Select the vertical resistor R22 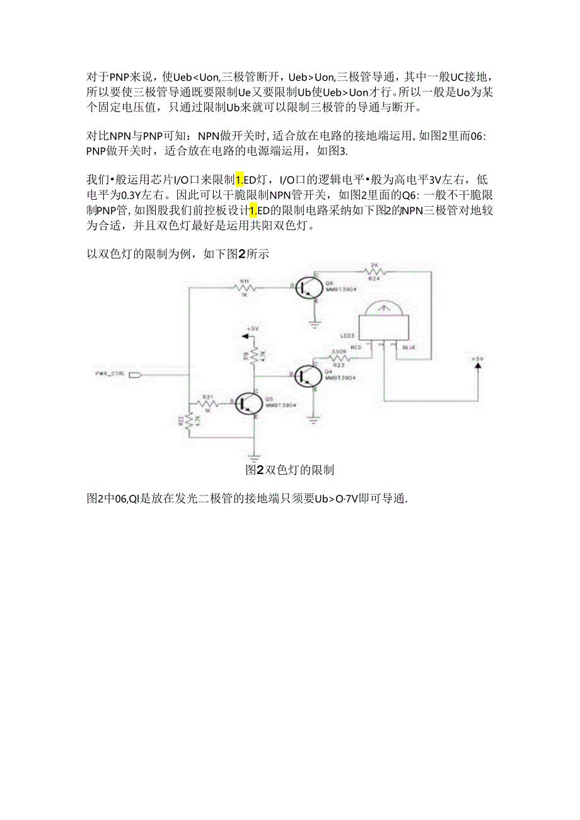pos(188,419)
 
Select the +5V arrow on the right pos(477,366)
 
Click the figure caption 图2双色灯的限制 pos(290,470)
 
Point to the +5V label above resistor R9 pos(253,329)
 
